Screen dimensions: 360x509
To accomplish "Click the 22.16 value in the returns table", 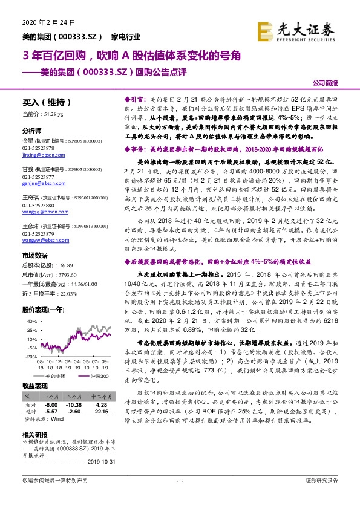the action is (101, 412).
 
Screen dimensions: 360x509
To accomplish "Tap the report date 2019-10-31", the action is (100, 462).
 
